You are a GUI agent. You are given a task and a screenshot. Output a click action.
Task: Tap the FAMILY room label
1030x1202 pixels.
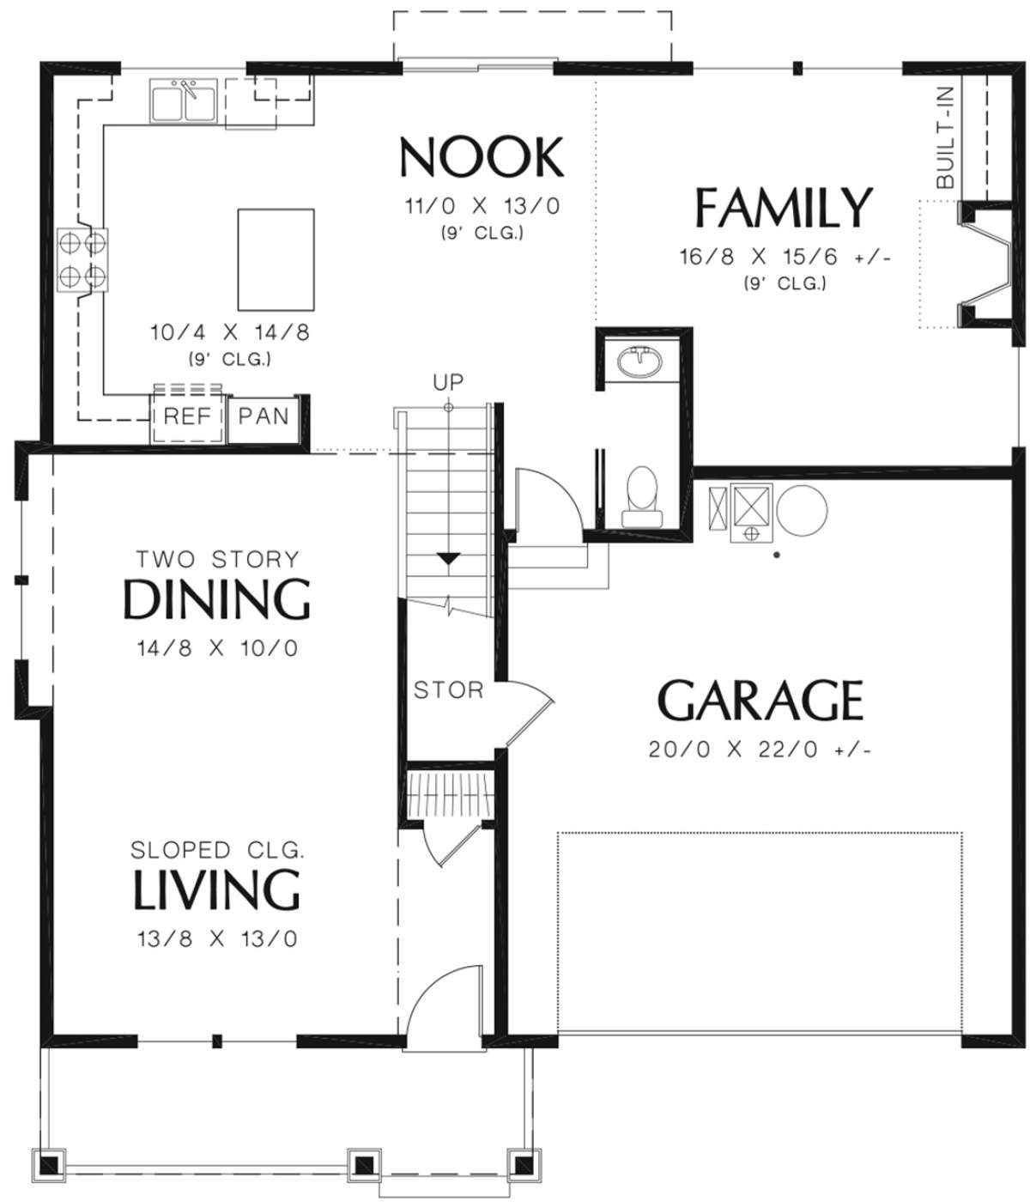(784, 207)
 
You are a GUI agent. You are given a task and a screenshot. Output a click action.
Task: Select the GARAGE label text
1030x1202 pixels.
(760, 700)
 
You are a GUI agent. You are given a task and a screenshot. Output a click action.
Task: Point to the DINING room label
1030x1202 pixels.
(216, 599)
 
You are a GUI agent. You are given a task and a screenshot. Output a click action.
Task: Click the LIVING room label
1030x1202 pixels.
(216, 889)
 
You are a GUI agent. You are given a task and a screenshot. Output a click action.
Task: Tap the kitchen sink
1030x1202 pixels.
(183, 100)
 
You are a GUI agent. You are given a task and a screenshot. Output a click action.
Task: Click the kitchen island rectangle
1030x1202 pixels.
(276, 259)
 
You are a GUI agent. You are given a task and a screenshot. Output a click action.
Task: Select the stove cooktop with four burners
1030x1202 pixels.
(82, 259)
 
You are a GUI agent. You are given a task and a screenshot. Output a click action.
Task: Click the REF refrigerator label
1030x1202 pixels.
(187, 416)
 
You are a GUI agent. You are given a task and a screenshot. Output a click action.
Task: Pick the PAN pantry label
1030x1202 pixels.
(264, 416)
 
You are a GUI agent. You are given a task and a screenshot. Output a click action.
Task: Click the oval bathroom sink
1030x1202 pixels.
(639, 361)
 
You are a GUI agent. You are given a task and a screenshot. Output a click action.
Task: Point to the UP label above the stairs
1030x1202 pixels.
(448, 382)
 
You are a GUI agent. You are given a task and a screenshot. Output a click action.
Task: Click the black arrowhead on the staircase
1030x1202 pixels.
(448, 558)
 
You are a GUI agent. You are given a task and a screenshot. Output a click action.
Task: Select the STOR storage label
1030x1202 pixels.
(448, 690)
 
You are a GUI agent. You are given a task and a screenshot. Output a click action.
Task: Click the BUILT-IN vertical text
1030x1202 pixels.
(945, 138)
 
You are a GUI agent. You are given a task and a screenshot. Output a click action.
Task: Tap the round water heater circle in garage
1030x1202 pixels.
(802, 511)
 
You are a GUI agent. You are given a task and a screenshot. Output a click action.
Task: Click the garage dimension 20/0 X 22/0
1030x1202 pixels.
(760, 750)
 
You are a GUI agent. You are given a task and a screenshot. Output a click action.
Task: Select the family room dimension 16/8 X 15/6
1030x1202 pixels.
(785, 257)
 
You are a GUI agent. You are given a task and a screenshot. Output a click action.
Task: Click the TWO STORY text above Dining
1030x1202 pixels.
(217, 560)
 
